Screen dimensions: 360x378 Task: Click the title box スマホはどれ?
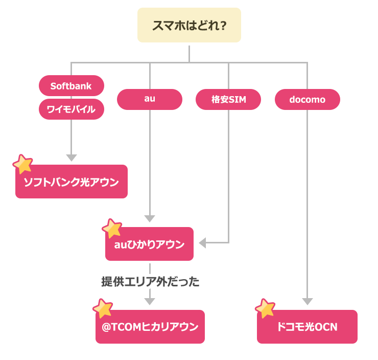[189, 25]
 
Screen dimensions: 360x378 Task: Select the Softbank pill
[71, 86]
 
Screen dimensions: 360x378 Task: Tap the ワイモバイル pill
[71, 109]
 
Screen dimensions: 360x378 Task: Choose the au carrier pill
[150, 99]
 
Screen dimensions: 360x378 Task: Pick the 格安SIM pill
[228, 99]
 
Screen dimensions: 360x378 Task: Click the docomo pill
[307, 99]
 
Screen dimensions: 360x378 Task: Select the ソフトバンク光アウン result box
[72, 182]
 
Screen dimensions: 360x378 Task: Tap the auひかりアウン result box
[150, 244]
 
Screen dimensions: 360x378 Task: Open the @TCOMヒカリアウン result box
[150, 327]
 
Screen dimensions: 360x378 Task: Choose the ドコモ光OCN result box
[307, 327]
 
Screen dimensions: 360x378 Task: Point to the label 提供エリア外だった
[150, 281]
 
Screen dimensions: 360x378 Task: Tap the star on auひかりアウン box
[112, 228]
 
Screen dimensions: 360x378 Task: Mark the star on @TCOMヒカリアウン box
[103, 308]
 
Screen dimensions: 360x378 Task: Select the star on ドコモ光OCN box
[265, 308]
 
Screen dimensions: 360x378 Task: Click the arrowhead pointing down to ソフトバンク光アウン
[72, 157]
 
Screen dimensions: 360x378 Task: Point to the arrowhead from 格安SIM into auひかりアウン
[202, 243]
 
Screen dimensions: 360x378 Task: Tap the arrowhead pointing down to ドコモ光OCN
[307, 301]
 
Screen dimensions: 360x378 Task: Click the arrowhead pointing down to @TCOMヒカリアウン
[150, 301]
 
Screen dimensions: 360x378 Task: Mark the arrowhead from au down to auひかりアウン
[150, 218]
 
